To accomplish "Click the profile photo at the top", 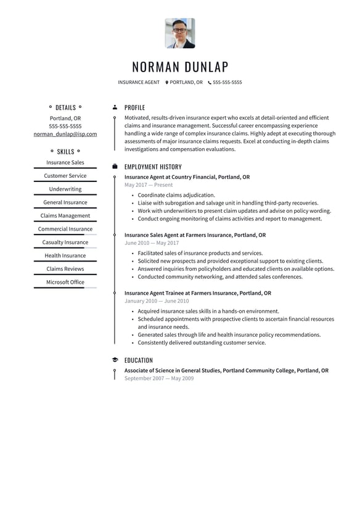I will (180, 33).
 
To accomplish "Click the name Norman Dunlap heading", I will (180, 67).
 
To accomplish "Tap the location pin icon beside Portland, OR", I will (166, 82).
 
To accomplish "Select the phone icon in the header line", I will (210, 82).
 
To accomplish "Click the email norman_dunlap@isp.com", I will (65, 134).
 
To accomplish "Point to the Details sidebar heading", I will (65, 107).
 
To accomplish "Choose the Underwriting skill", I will (65, 189).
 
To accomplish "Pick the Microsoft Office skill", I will (65, 282).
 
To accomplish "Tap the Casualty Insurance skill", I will (65, 242).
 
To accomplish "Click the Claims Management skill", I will (65, 216).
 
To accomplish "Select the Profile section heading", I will (134, 107).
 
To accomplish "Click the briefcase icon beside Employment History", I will (115, 167).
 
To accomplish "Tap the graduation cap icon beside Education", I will (115, 360).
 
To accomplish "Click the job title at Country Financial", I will (187, 177).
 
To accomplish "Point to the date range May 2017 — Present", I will (149, 185).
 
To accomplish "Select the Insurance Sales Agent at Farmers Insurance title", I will (195, 235).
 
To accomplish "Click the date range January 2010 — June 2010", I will (157, 301).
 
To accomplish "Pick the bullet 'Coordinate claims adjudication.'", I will (176, 195).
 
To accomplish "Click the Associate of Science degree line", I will (226, 371).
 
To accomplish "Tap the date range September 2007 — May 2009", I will (159, 378).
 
